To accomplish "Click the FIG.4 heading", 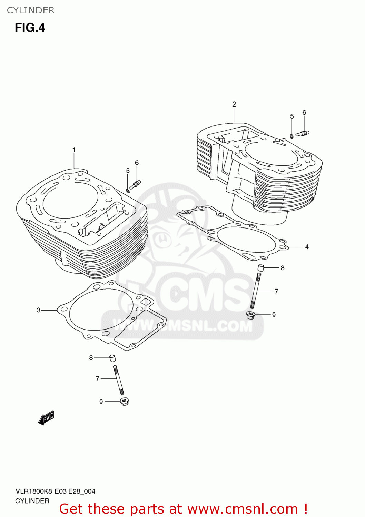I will click(x=30, y=28).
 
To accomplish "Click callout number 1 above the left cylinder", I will click(x=74, y=150).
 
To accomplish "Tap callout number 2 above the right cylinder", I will click(x=234, y=104).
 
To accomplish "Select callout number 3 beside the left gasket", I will click(x=39, y=310).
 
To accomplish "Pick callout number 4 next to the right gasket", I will click(x=307, y=247).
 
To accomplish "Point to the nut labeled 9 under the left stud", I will click(x=124, y=402).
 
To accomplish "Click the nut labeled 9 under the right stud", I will click(x=250, y=315).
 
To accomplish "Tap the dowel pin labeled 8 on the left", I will click(x=112, y=358).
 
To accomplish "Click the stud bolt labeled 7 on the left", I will click(x=118, y=380).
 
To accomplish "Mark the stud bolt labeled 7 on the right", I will click(x=256, y=291).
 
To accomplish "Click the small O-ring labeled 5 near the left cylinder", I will click(x=128, y=190).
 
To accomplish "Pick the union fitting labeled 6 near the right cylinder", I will click(x=303, y=133).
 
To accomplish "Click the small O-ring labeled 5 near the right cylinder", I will click(x=292, y=136).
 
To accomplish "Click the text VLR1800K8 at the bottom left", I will click(x=33, y=491).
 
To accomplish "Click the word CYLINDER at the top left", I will click(x=31, y=10).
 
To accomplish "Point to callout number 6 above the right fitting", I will click(x=304, y=113).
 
